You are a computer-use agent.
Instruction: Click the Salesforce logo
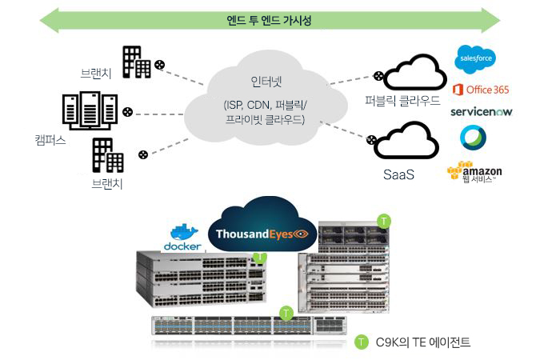pos(475,58)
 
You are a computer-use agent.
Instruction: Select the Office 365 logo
pos(480,90)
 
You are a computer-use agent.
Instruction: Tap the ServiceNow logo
pos(481,112)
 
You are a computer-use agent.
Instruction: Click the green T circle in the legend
pos(362,342)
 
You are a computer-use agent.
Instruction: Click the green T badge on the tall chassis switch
pos(384,219)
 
